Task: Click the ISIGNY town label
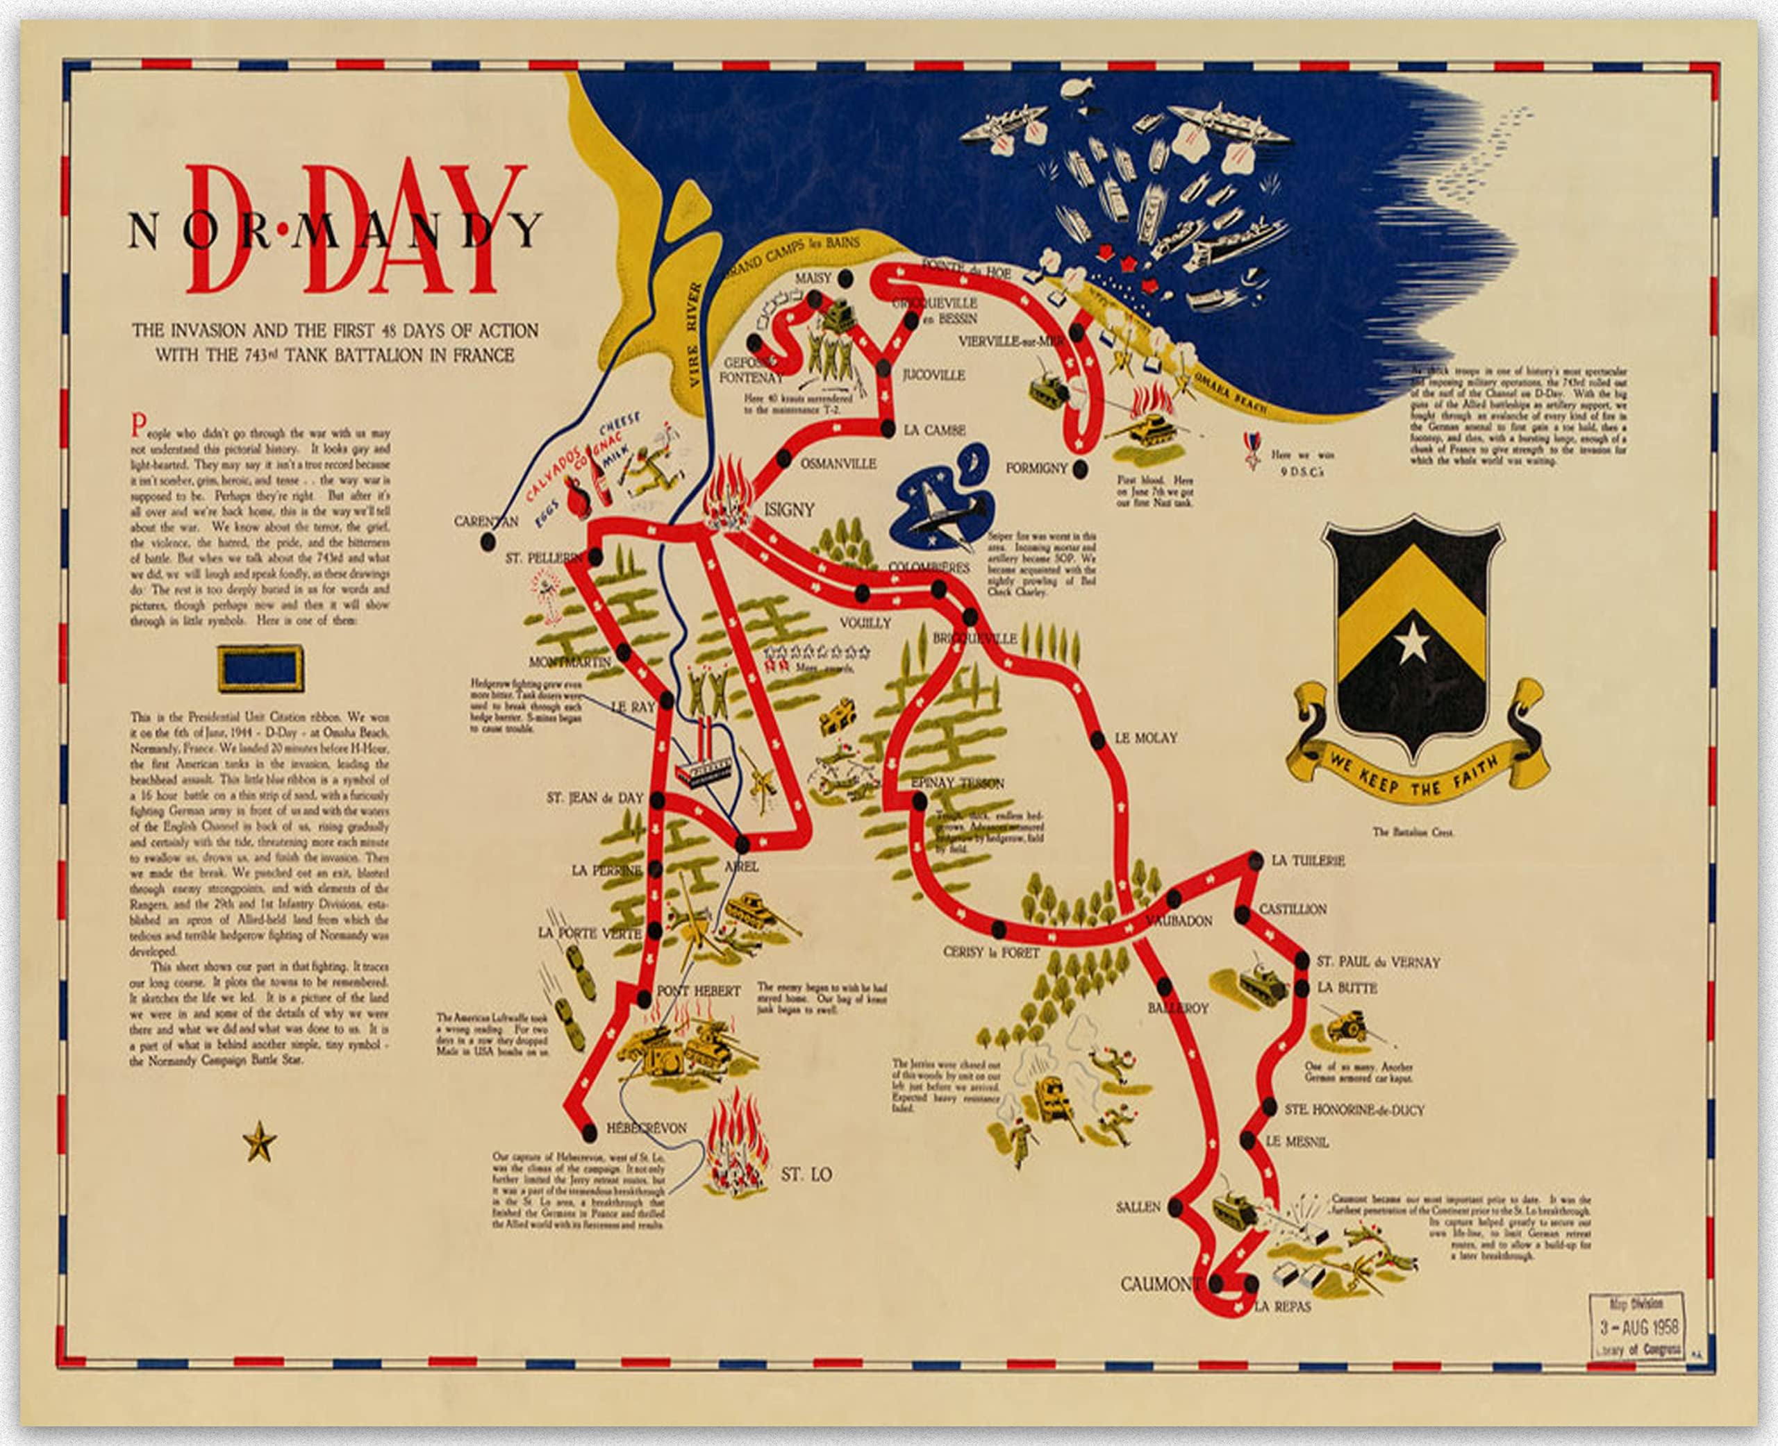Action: click(x=788, y=509)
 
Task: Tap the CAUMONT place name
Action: click(x=1160, y=1284)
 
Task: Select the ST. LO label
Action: click(x=806, y=1175)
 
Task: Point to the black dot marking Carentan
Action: click(x=488, y=542)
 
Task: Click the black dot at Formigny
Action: click(x=1080, y=469)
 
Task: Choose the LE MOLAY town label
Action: click(x=1145, y=738)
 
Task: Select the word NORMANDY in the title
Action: click(x=335, y=230)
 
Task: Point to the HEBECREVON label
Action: click(x=647, y=1128)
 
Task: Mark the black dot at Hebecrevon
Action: click(x=589, y=1133)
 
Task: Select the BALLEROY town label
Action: click(x=1178, y=1008)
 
